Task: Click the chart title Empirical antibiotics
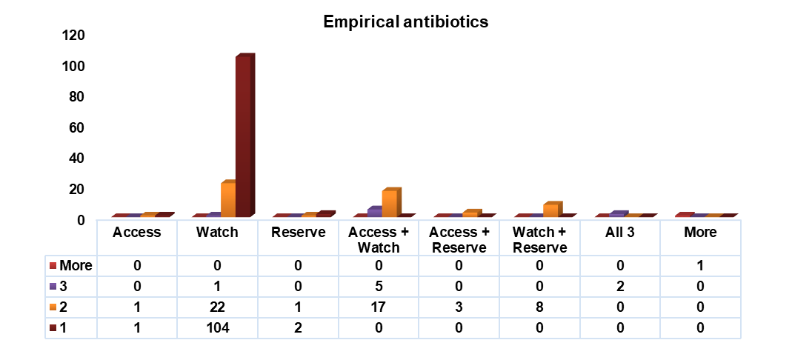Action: [x=405, y=22]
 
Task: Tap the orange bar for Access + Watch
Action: [x=390, y=202]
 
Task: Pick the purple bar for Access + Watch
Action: [x=375, y=211]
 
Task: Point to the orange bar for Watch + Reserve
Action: [x=551, y=210]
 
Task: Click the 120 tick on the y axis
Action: [x=73, y=36]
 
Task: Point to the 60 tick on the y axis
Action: [x=76, y=127]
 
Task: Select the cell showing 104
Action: [x=217, y=328]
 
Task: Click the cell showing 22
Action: [x=217, y=307]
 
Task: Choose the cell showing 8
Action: [x=539, y=307]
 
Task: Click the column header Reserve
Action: [x=298, y=232]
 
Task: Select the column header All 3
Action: [x=620, y=232]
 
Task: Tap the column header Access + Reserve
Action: [x=459, y=240]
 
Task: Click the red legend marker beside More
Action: [x=53, y=266]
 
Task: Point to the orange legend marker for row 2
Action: [x=53, y=307]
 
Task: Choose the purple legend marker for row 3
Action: [x=53, y=287]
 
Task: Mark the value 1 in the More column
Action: [x=701, y=266]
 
